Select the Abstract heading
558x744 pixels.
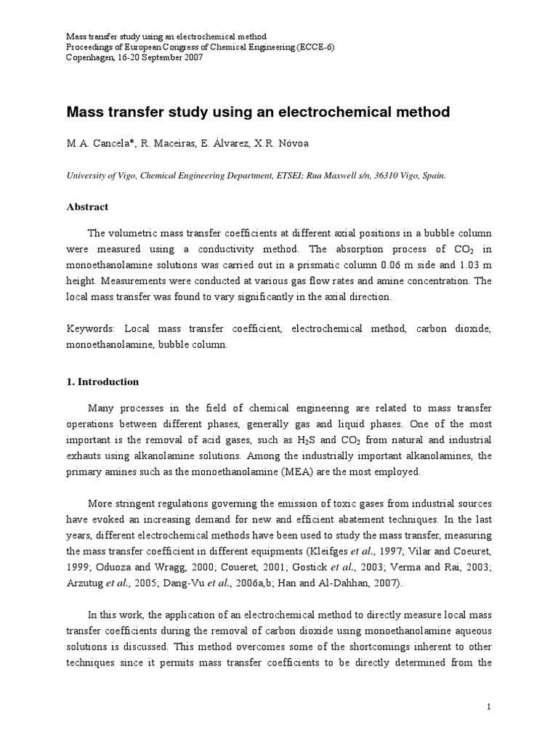coord(87,207)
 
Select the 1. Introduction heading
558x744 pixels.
coord(102,381)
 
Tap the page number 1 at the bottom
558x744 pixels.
coord(490,707)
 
